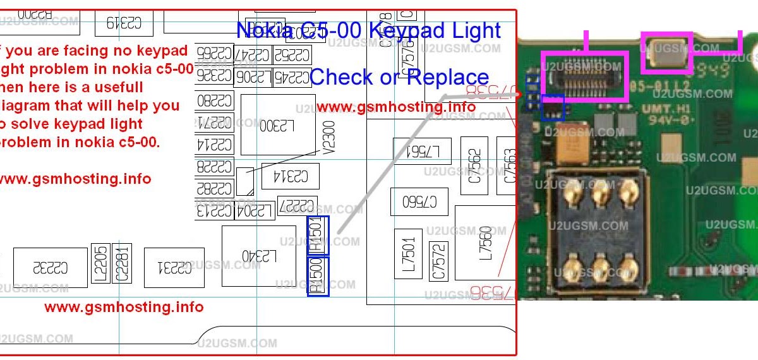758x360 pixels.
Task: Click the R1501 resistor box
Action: point(318,235)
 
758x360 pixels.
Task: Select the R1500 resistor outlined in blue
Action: point(318,275)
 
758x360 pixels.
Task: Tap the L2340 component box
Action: point(259,256)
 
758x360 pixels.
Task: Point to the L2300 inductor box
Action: point(279,124)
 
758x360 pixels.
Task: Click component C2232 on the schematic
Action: point(51,268)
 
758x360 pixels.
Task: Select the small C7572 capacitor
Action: point(438,261)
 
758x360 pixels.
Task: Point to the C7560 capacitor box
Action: point(419,202)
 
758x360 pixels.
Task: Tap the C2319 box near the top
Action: point(124,23)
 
